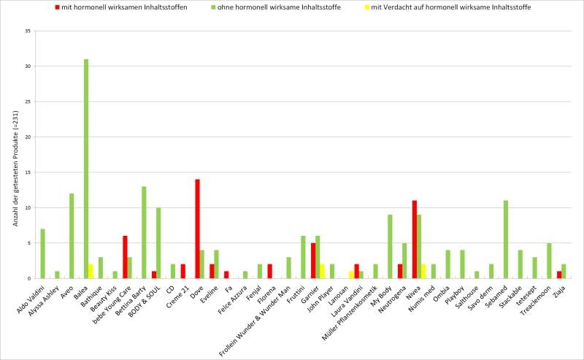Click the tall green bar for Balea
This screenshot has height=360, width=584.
pos(86,168)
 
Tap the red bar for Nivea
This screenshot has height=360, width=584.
pos(414,239)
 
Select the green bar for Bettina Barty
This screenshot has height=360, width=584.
pos(144,232)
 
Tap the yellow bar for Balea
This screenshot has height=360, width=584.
pos(91,271)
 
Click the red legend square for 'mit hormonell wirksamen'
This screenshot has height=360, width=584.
pos(57,7)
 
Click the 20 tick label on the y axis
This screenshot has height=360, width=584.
pos(27,137)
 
